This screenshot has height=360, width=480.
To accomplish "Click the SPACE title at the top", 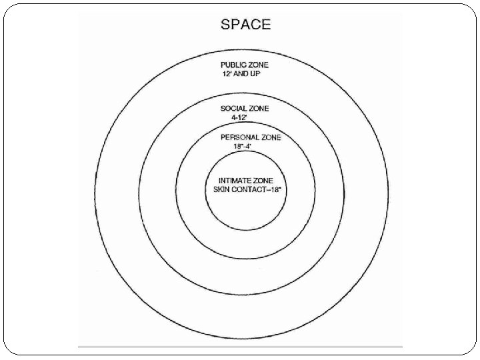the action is point(246,24).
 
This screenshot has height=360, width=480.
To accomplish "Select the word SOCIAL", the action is point(231,108).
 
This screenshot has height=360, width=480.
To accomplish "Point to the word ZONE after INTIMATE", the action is point(268,181).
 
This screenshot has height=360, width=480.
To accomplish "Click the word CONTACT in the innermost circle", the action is point(247,189).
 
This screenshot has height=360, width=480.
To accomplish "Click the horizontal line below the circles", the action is point(240,347).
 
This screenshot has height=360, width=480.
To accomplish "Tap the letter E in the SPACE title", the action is point(266,24).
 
